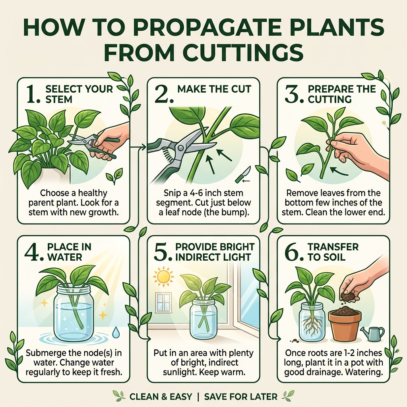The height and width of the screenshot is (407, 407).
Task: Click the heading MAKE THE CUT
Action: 214,89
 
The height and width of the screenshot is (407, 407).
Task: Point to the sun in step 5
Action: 163,277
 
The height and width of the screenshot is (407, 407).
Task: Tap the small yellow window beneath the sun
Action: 163,302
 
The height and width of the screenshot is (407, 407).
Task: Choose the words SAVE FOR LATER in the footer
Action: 240,396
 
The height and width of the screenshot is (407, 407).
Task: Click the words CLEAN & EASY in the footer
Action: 161,396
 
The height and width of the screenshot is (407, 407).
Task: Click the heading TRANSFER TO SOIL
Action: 333,252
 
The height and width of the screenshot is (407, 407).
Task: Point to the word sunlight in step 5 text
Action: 178,372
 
